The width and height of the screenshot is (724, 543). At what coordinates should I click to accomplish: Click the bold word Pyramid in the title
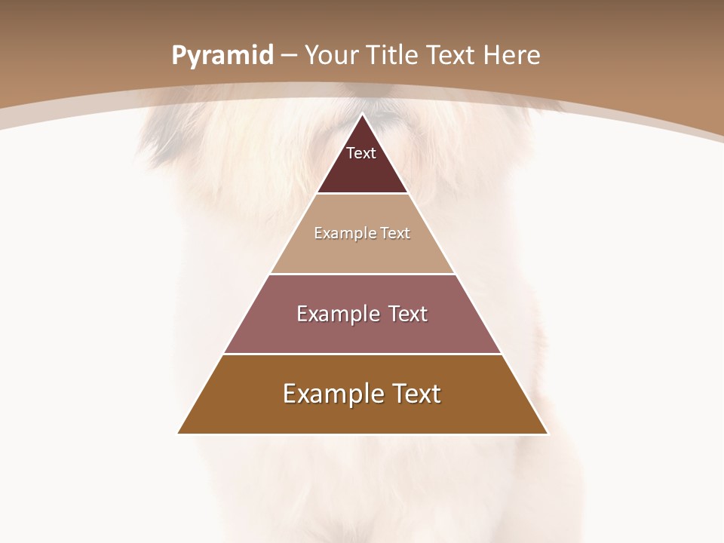pyautogui.click(x=222, y=56)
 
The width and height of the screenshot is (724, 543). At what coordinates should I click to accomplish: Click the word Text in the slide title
pyautogui.click(x=451, y=56)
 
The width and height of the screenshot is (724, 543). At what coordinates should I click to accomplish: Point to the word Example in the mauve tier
pyautogui.click(x=337, y=314)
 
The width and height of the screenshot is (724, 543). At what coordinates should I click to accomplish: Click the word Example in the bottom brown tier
pyautogui.click(x=332, y=394)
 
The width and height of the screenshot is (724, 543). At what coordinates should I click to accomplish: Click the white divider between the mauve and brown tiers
pyautogui.click(x=362, y=354)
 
